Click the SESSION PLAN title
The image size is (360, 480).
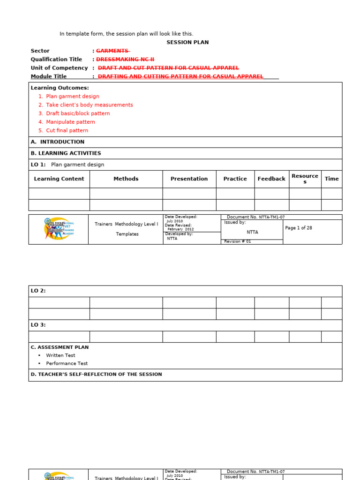point(187,42)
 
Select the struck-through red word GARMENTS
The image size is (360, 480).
point(112,51)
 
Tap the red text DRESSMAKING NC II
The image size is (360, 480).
point(125,60)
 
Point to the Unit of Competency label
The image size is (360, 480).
point(59,68)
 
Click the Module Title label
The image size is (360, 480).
point(49,76)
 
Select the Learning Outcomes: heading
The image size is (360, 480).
point(60,88)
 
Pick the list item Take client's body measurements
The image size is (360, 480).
point(89,105)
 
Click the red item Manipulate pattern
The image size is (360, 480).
point(70,122)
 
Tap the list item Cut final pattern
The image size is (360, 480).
point(67,130)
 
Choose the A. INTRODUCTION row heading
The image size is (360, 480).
point(58,142)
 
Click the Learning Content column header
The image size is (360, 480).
point(59,179)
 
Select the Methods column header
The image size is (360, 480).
point(126,179)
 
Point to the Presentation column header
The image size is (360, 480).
point(189,179)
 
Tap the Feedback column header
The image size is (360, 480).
point(271,179)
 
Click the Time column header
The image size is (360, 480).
point(331,179)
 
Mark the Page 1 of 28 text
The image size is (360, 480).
point(299,228)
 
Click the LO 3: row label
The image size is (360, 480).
point(38,325)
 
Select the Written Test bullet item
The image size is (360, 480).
point(60,355)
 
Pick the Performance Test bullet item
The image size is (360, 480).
point(67,363)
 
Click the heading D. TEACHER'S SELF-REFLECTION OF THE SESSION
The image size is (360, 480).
point(96,375)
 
